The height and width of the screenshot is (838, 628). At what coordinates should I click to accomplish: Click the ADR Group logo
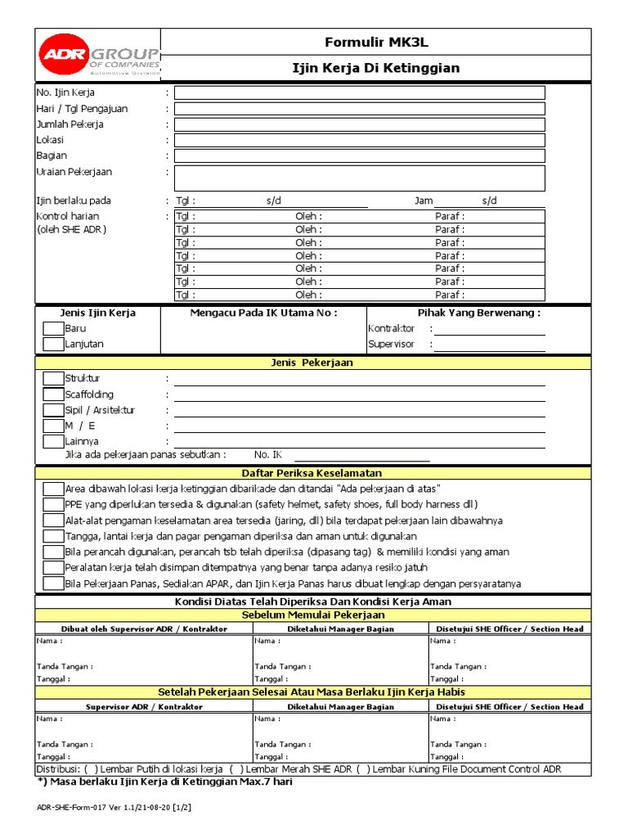tap(98, 54)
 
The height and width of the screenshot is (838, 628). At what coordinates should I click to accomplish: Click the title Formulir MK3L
tap(375, 41)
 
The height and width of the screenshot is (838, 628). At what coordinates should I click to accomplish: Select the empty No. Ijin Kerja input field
tap(359, 92)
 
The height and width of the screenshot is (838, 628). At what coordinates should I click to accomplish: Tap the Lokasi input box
tap(359, 140)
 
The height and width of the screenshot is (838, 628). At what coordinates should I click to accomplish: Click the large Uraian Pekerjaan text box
tap(359, 178)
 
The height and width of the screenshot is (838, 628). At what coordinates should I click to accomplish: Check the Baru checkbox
tap(53, 329)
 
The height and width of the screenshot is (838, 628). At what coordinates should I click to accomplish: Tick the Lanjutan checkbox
tap(53, 345)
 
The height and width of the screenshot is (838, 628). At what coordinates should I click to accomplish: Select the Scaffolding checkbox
tap(53, 394)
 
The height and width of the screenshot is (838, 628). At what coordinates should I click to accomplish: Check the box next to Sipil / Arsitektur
tap(53, 410)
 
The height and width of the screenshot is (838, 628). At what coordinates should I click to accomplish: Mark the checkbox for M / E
tap(53, 426)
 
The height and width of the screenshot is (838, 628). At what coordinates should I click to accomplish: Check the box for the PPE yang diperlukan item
tap(53, 504)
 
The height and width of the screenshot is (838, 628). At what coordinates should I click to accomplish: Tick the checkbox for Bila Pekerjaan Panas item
tap(53, 583)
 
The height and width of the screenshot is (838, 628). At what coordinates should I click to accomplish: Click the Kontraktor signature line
tap(489, 329)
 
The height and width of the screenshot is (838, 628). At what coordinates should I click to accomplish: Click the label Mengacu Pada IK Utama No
tap(263, 313)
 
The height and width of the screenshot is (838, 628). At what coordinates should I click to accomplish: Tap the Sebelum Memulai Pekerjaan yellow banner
tap(313, 615)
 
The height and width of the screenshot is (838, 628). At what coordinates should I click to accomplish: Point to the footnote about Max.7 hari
tap(164, 782)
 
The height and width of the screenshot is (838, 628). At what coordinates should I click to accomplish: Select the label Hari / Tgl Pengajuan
tap(82, 109)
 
